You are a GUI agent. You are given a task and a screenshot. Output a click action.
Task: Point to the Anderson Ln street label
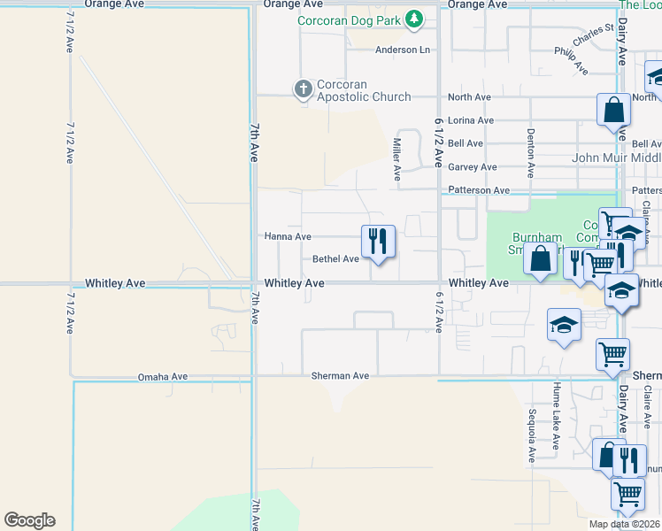402,50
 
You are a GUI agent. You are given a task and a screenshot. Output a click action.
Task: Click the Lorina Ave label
471,120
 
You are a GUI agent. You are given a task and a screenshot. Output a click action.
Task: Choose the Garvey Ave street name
472,166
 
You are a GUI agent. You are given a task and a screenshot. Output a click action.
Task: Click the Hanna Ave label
288,237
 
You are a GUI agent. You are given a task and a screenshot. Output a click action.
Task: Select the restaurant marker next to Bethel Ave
378,241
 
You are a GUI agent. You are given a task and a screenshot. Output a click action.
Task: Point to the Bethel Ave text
335,259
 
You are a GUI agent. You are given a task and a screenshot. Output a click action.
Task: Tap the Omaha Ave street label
163,376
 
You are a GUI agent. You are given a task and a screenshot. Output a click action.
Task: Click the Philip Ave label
571,60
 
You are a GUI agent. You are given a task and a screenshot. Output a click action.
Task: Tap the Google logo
29,520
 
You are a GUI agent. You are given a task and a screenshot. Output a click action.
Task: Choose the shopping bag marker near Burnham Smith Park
540,259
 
